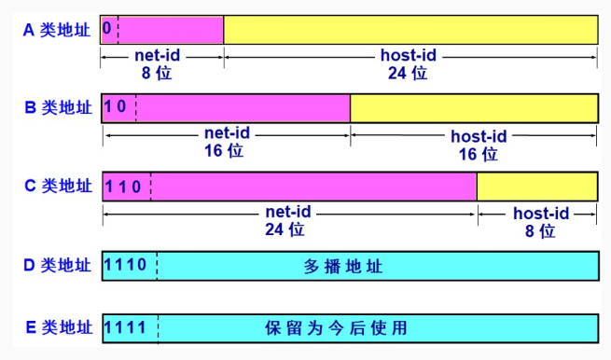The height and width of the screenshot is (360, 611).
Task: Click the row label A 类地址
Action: tap(57, 30)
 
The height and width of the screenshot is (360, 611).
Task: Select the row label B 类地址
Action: tap(57, 107)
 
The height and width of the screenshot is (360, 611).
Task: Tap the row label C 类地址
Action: tap(57, 186)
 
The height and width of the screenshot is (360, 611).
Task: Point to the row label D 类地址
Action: tap(57, 266)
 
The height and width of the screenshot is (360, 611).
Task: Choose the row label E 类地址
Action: tap(57, 327)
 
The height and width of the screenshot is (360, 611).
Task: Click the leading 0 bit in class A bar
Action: tap(107, 29)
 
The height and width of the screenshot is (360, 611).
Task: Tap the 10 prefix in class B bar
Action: tap(116, 107)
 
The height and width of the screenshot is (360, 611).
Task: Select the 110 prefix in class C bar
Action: tap(123, 186)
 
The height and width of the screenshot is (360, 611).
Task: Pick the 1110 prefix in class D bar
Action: tap(127, 266)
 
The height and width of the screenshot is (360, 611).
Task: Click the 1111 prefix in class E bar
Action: tap(127, 327)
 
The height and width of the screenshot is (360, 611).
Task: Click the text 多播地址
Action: tap(343, 267)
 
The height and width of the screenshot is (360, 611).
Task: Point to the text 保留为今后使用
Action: tap(336, 328)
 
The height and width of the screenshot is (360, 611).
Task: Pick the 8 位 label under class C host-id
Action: tap(539, 229)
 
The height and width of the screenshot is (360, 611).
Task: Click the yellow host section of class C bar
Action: tap(536, 187)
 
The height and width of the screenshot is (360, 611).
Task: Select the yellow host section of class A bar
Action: tap(410, 30)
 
